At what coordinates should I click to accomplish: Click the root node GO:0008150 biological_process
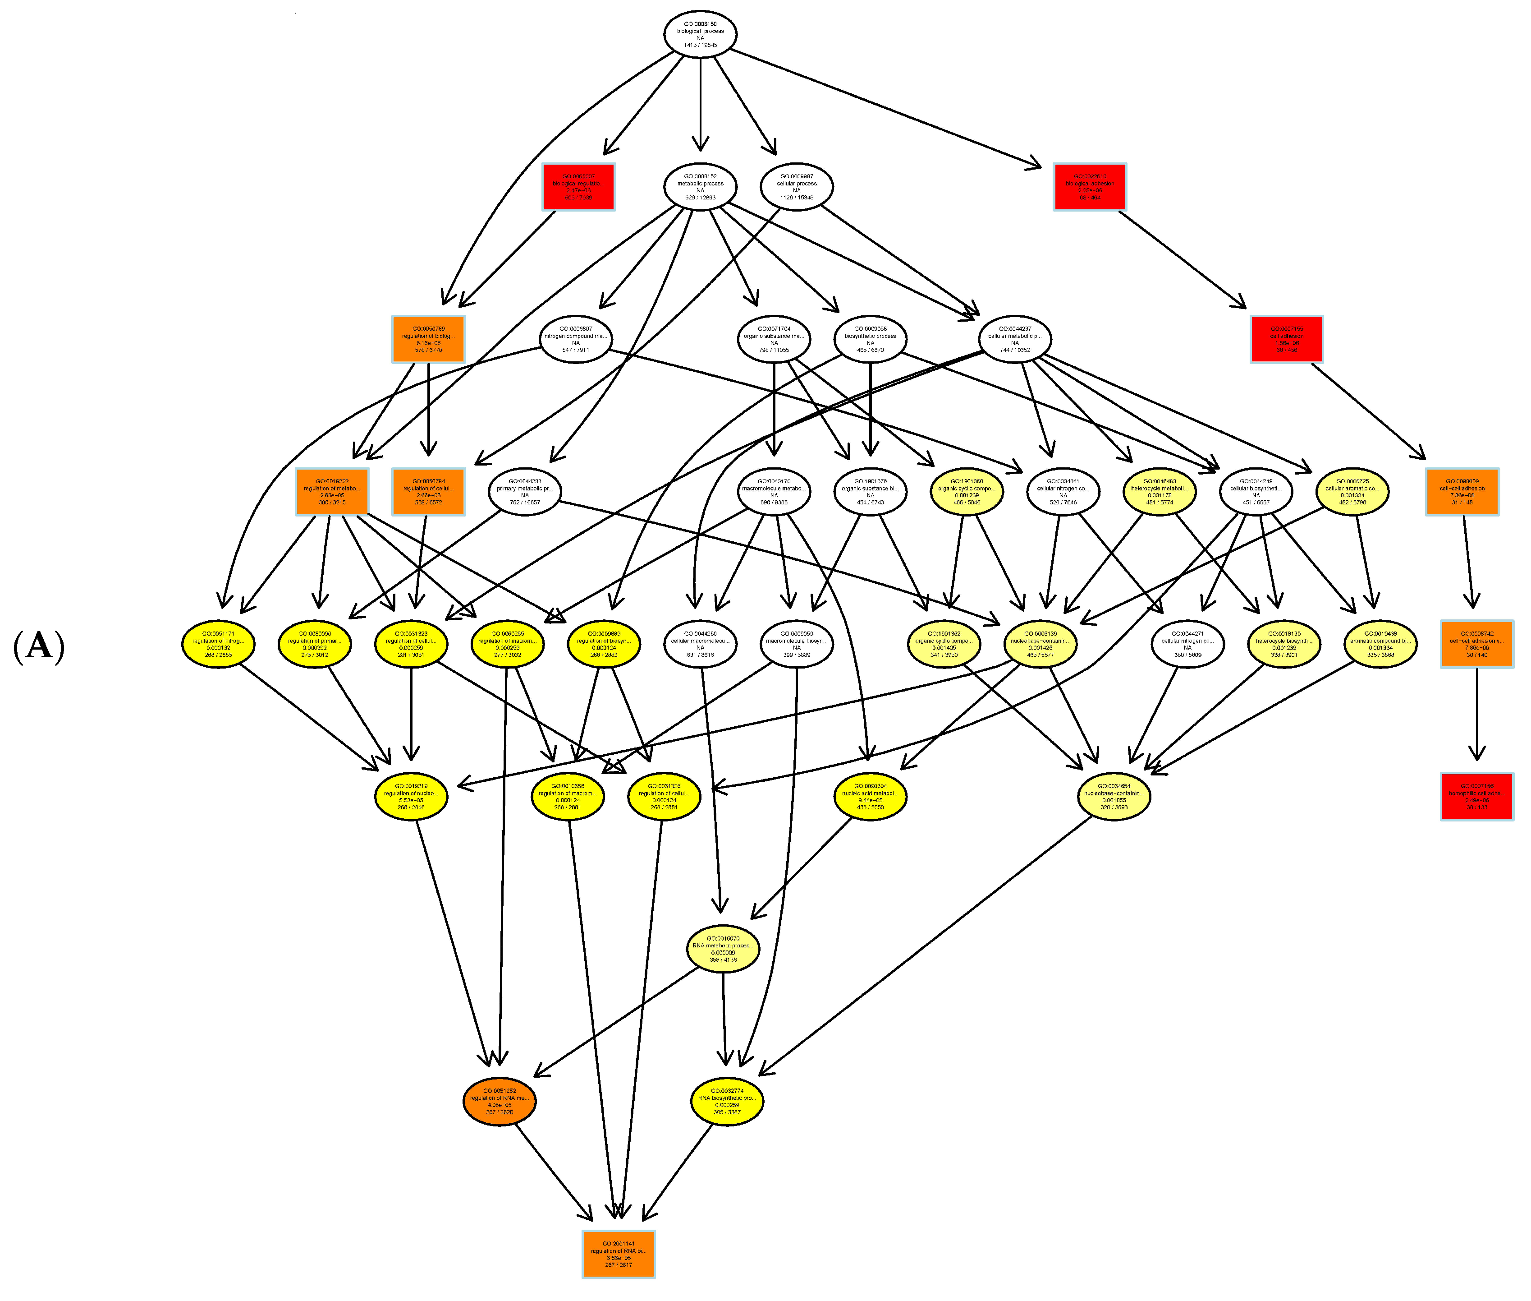(700, 34)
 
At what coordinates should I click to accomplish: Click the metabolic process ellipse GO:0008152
(700, 187)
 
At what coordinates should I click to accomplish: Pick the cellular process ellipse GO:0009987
(796, 187)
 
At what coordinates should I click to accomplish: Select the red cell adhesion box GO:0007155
(1286, 339)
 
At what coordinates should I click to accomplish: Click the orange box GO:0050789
(428, 339)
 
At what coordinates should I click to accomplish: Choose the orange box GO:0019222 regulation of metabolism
(332, 492)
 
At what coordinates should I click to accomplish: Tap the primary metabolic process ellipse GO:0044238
(524, 492)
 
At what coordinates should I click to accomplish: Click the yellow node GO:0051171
(218, 644)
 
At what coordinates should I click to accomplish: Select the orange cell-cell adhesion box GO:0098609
(1462, 492)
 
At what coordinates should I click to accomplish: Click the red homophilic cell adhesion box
(1476, 797)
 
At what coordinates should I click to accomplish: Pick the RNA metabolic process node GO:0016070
(722, 949)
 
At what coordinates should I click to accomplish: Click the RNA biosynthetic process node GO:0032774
(727, 1101)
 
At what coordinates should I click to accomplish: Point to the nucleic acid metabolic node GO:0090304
(870, 797)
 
